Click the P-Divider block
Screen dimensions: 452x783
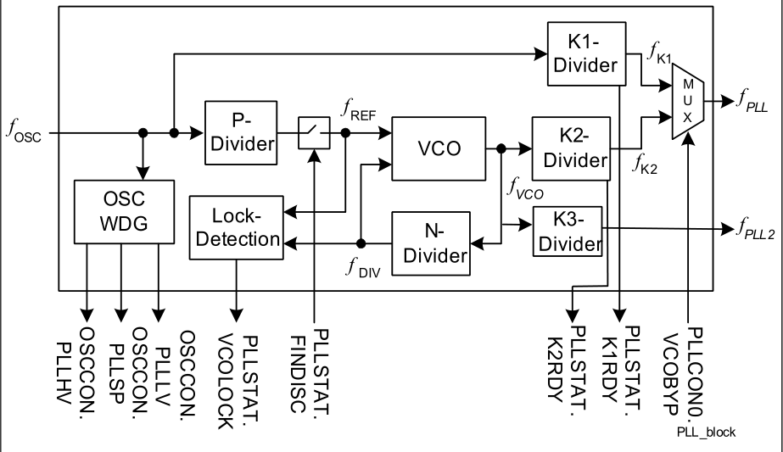click(241, 132)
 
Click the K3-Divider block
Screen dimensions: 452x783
click(568, 231)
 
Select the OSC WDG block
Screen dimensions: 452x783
click(123, 209)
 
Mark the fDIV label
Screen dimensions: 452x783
click(361, 271)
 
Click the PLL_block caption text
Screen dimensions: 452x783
click(706, 433)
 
